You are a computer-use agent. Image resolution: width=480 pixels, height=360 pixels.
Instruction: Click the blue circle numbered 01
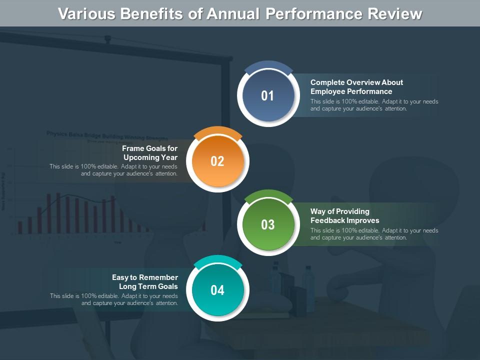pyautogui.click(x=267, y=96)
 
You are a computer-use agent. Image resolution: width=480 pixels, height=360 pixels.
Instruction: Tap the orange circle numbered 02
pyautogui.click(x=217, y=161)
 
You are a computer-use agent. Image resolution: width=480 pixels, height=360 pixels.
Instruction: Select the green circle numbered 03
pyautogui.click(x=267, y=225)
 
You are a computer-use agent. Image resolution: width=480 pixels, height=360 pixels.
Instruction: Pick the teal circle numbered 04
pyautogui.click(x=217, y=290)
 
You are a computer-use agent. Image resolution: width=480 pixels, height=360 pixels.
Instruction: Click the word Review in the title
pyautogui.click(x=394, y=14)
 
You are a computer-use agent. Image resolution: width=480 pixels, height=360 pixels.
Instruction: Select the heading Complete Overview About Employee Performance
pyautogui.click(x=356, y=87)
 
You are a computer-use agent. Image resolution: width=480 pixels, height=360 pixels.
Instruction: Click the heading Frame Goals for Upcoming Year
pyautogui.click(x=150, y=153)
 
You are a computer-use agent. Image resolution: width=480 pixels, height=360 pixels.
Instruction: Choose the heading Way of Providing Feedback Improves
pyautogui.click(x=345, y=216)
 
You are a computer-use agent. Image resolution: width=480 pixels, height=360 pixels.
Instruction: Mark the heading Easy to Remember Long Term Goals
pyautogui.click(x=145, y=282)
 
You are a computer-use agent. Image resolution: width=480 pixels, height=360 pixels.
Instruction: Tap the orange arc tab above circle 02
pyautogui.click(x=217, y=133)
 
